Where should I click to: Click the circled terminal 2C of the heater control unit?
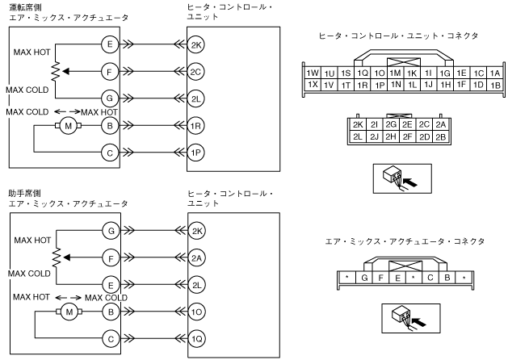coord(196,72)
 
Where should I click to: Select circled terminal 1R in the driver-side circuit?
coord(196,125)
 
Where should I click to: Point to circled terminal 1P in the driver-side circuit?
coord(196,152)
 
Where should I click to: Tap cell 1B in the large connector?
coord(495,85)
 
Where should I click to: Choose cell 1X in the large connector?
coord(312,85)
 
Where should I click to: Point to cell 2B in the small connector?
coord(440,137)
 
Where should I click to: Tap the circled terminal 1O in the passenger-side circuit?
coord(196,310)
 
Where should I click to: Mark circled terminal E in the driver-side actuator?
coord(109,45)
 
